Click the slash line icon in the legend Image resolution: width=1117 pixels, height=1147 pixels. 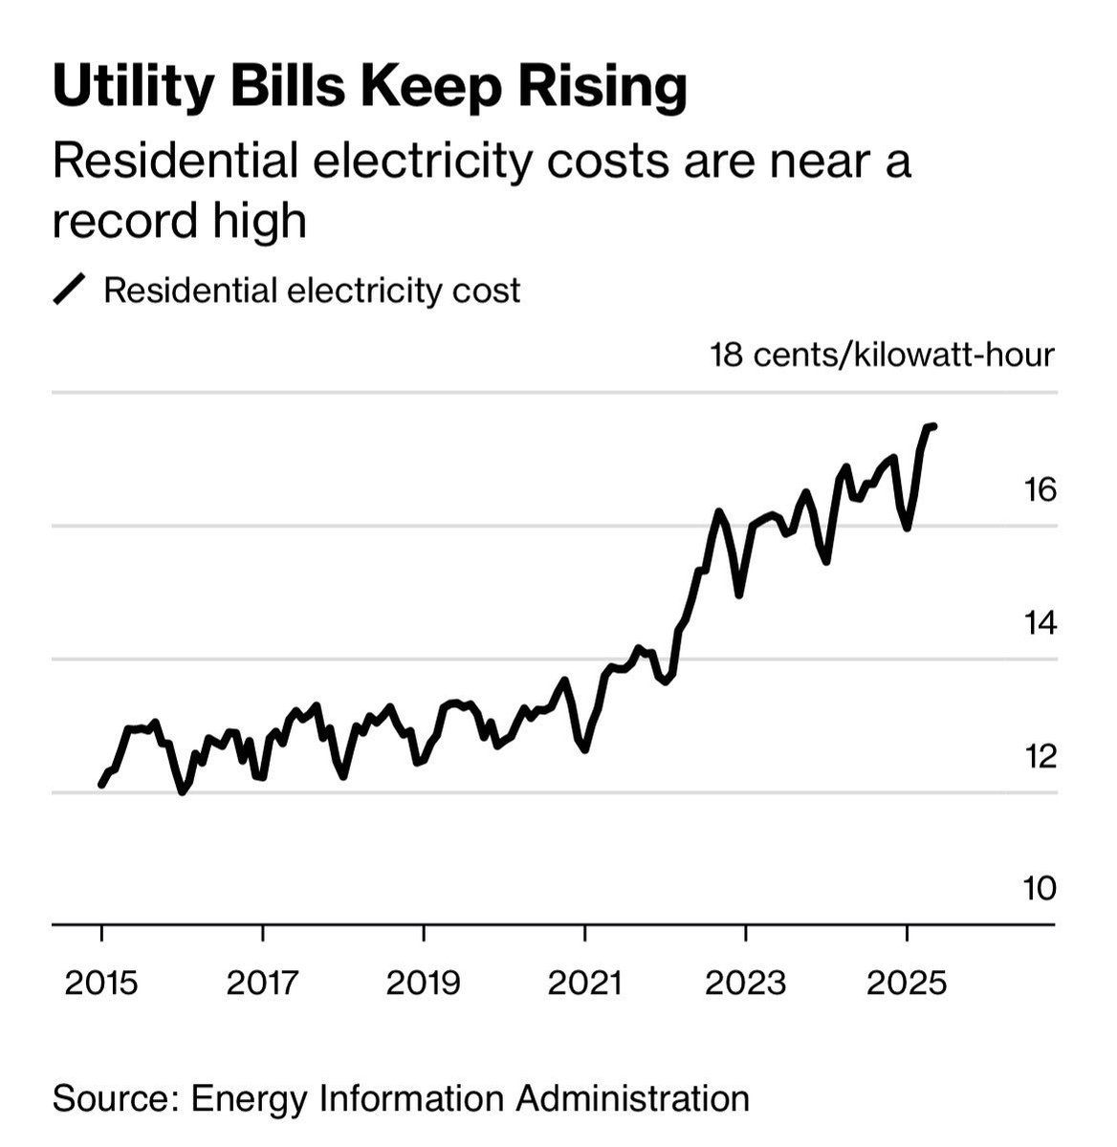click(71, 290)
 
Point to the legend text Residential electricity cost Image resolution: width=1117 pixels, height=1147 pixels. click(312, 290)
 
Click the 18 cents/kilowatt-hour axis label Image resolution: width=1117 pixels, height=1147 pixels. click(881, 356)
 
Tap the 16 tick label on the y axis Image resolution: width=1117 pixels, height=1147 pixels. click(1040, 490)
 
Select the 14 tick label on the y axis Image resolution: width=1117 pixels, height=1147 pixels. click(1040, 623)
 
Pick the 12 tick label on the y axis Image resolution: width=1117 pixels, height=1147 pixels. click(1040, 756)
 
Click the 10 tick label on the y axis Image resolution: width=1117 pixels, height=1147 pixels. click(1040, 889)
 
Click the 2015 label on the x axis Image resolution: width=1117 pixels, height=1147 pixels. click(101, 982)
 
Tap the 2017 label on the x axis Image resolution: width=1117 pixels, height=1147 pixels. click(262, 982)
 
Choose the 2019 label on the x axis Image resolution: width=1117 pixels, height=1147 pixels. click(424, 982)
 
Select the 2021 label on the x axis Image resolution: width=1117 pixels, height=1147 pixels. click(584, 982)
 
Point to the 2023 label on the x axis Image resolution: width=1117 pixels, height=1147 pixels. click(746, 982)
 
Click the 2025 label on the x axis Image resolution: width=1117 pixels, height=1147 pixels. click(907, 982)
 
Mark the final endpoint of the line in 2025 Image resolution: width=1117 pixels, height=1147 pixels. click(933, 426)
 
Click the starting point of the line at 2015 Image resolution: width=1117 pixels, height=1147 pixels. click(101, 785)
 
